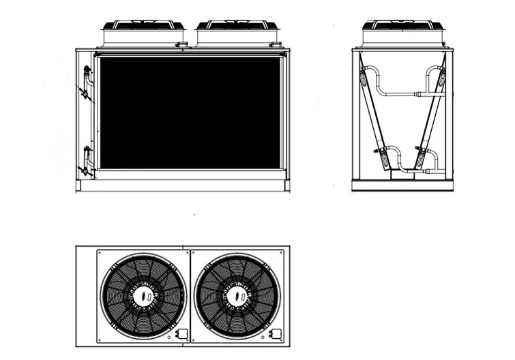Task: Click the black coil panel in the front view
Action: (x=190, y=112)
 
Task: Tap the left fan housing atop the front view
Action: (x=143, y=34)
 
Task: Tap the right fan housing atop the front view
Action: (x=238, y=34)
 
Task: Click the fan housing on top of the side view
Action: (x=407, y=34)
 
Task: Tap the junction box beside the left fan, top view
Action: (x=182, y=334)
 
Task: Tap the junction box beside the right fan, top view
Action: (x=276, y=334)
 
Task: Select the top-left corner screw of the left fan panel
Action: (x=101, y=254)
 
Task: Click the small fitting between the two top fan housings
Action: (x=183, y=46)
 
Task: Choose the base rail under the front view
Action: (x=183, y=186)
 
